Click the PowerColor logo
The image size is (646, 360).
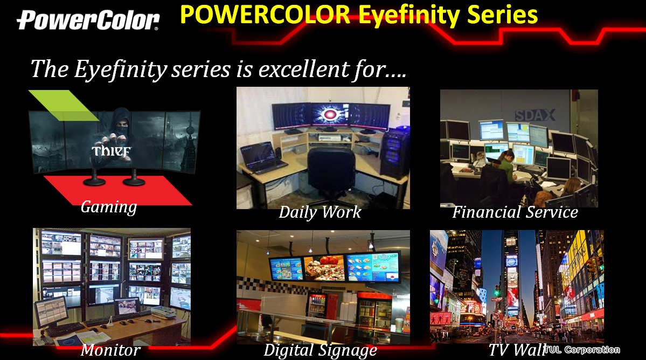[88, 20]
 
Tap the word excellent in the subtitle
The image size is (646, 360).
[302, 69]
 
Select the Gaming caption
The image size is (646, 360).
[109, 207]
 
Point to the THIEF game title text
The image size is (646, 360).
[111, 151]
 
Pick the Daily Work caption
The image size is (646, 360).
[319, 212]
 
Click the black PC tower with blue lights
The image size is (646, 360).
[395, 152]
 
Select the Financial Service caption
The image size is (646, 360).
[515, 212]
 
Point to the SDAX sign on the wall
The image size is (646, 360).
[535, 115]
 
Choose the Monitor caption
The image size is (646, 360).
[110, 350]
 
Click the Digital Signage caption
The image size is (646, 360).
[320, 350]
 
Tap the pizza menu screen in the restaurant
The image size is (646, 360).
[324, 268]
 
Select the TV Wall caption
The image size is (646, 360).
[517, 350]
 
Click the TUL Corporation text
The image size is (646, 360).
[582, 350]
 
